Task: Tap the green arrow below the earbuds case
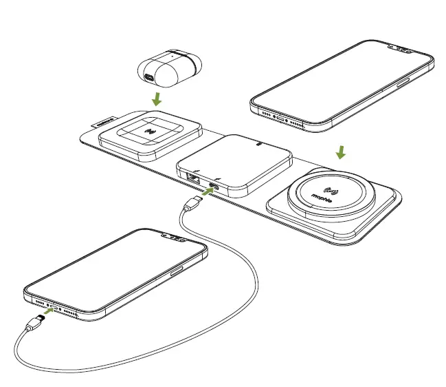click(x=157, y=99)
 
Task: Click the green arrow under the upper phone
click(x=342, y=151)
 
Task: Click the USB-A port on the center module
click(x=191, y=178)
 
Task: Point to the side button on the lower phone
click(x=177, y=271)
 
